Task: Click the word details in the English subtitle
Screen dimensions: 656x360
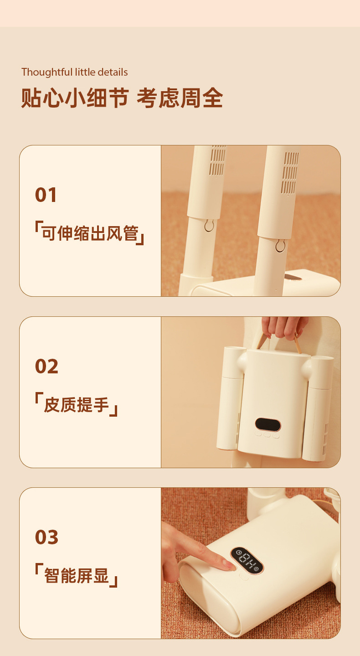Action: tap(113, 72)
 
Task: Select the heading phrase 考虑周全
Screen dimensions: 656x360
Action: tap(180, 98)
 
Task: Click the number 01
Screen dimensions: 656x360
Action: tap(46, 195)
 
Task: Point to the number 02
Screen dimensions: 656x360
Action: tap(46, 367)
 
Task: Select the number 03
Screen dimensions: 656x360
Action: tap(46, 537)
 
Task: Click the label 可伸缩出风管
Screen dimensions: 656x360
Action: tap(90, 233)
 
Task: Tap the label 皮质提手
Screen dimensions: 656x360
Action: tap(76, 404)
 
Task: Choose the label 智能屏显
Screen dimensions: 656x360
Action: tap(77, 575)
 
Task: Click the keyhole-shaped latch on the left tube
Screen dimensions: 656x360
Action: tap(209, 225)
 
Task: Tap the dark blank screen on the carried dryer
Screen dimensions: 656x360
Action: tap(268, 424)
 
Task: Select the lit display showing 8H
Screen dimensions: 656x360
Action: tap(247, 560)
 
